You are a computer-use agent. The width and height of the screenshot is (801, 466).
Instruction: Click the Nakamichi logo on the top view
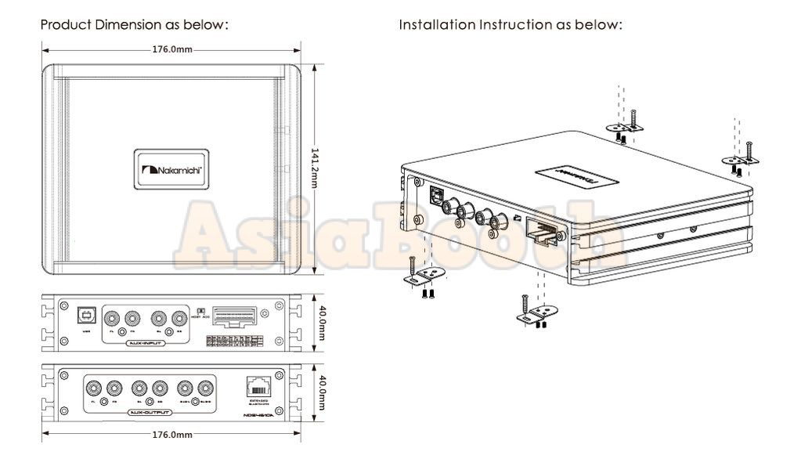click(172, 169)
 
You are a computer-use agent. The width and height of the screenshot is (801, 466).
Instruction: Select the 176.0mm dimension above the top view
click(172, 49)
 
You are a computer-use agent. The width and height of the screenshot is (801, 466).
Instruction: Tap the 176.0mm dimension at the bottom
click(172, 434)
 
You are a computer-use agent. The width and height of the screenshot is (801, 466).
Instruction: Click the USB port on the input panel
click(85, 316)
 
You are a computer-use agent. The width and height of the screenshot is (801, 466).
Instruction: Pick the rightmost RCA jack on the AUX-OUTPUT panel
click(206, 387)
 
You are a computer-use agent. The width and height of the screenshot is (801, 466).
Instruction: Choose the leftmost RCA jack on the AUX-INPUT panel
click(114, 318)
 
